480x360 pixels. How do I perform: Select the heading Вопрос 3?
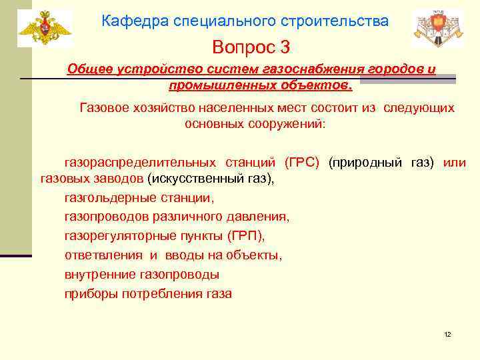pos(251,47)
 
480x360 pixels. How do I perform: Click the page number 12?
pos(447,334)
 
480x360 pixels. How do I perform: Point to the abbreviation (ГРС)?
pos(302,163)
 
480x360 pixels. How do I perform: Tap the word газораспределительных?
pos(139,163)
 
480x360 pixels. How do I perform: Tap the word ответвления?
pos(103,255)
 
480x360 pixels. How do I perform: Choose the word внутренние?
pos(100,274)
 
